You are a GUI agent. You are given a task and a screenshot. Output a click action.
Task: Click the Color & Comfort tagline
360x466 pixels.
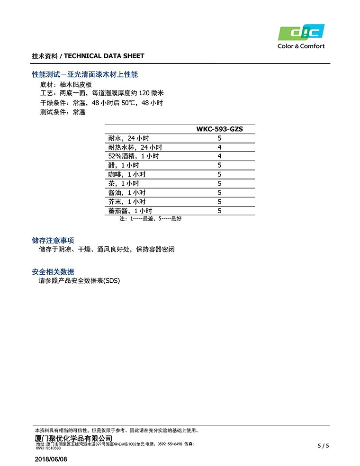(x=301, y=46)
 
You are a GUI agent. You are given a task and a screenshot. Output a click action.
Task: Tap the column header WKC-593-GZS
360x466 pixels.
(x=219, y=129)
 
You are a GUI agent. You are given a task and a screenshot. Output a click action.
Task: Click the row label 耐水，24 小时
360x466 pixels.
(x=128, y=138)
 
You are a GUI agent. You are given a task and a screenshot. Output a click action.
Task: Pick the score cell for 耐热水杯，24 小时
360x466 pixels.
(x=219, y=147)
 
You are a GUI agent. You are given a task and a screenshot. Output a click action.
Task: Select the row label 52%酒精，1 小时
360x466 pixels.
(x=133, y=156)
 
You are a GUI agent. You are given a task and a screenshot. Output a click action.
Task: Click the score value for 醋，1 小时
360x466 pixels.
(x=219, y=165)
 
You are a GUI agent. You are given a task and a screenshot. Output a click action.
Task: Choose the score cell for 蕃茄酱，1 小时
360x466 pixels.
(x=219, y=211)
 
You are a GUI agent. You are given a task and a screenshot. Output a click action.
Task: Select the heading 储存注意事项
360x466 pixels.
(x=53, y=241)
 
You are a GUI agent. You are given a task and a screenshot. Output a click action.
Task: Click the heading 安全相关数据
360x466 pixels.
(x=53, y=272)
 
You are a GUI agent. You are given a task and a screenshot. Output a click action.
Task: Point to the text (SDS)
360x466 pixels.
(x=112, y=280)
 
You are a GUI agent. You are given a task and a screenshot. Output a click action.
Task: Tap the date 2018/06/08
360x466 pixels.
(x=51, y=459)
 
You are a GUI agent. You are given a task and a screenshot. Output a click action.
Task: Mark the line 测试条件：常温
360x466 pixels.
(x=63, y=112)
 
